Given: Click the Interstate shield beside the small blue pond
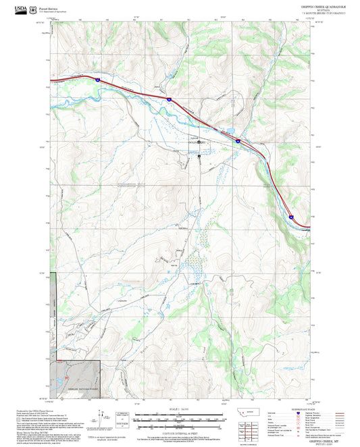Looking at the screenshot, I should pyautogui.click(x=238, y=141).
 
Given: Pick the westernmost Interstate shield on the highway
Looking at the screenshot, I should pyautogui.click(x=97, y=80).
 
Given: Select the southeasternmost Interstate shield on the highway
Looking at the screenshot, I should pyautogui.click(x=291, y=217).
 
